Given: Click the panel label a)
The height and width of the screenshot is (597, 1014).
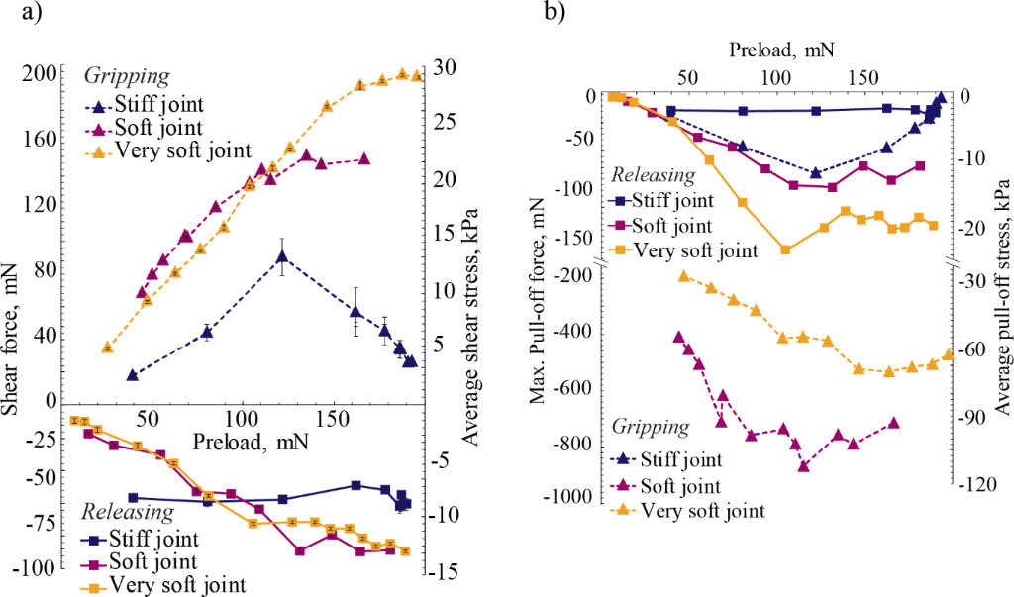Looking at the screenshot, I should [x=22, y=15].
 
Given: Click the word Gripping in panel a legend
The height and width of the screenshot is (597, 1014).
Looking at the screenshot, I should [x=127, y=76].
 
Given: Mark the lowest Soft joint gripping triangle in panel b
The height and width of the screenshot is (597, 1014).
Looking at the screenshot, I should [x=804, y=465].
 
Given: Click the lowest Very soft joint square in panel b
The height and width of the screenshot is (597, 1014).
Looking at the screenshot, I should [x=786, y=249].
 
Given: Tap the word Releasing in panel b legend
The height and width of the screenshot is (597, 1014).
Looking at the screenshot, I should [x=654, y=175].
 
